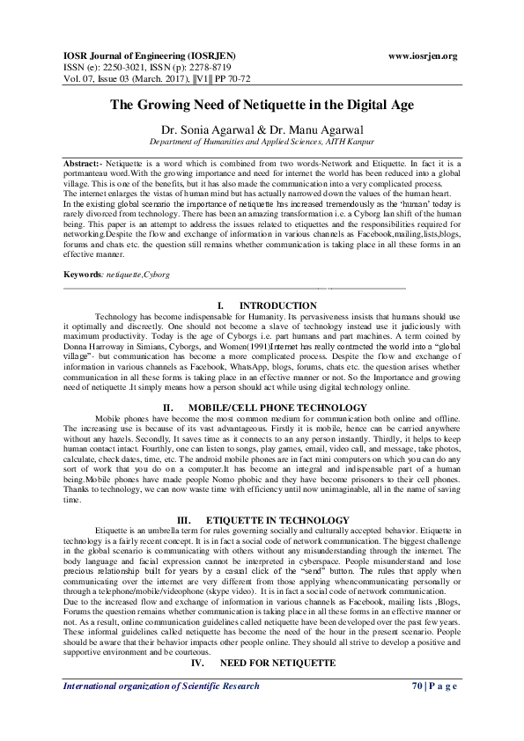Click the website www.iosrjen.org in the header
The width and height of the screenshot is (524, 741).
coord(423,55)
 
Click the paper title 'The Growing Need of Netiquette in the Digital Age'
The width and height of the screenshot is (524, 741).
coord(262,104)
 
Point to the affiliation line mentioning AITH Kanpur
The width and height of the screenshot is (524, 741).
coord(262,141)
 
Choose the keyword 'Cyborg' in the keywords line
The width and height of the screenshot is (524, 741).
coord(157,275)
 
